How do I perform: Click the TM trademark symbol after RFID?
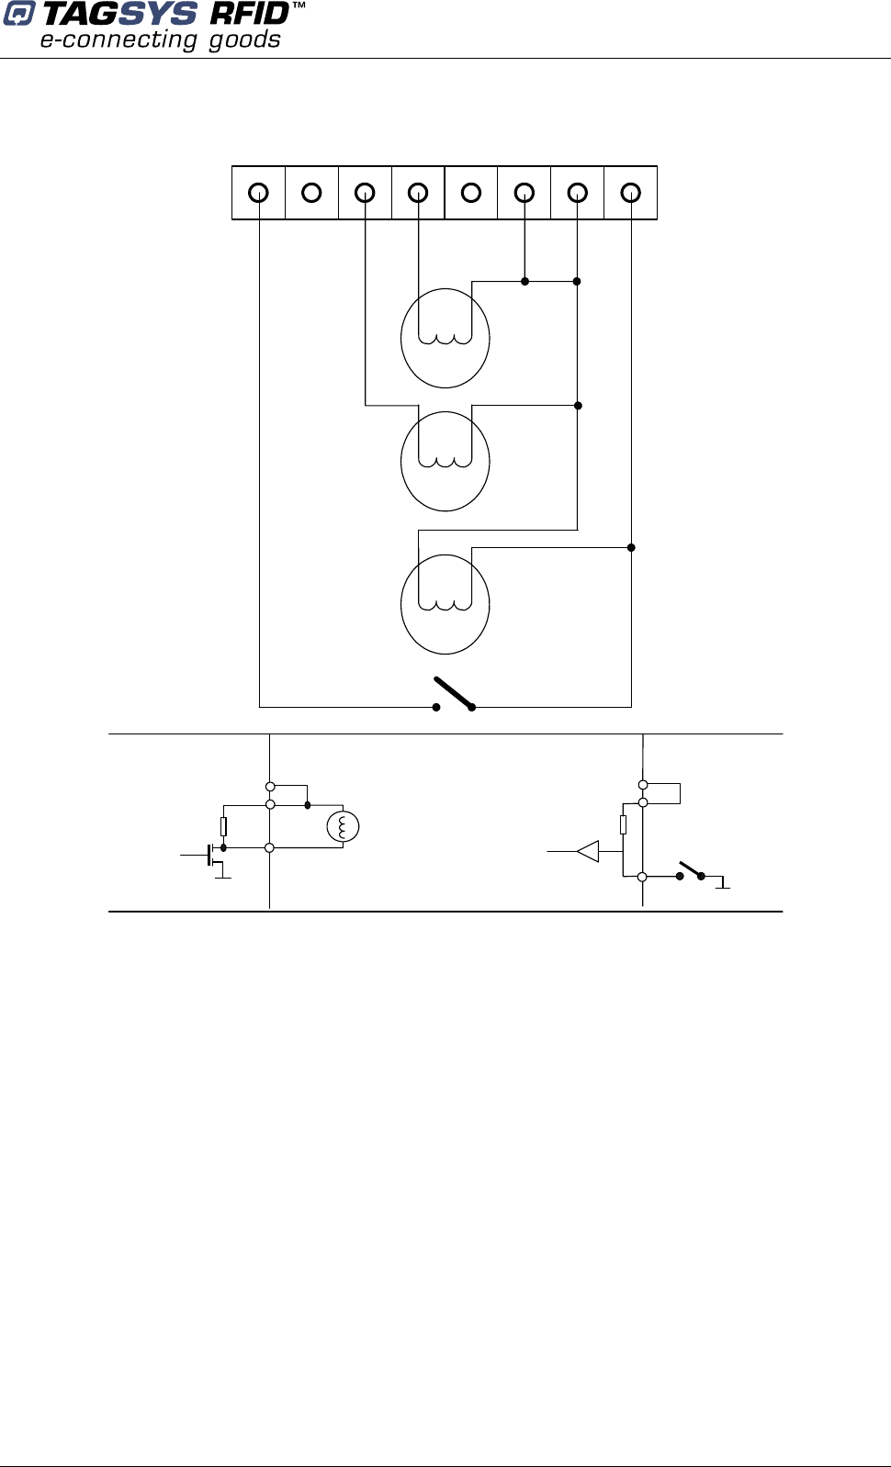[x=299, y=7]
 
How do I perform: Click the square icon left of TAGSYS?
[x=18, y=15]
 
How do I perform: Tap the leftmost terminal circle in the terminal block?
[x=259, y=193]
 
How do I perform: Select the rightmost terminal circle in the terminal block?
[x=630, y=193]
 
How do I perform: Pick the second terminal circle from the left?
[x=312, y=193]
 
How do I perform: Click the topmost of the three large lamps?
[x=445, y=338]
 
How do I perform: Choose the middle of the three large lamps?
[x=445, y=461]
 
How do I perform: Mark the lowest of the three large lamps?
[x=445, y=604]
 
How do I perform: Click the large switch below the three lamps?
[x=454, y=695]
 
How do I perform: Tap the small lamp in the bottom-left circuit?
[x=344, y=827]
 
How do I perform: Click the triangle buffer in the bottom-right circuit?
[x=588, y=852]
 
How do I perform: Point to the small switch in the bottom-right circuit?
[x=691, y=870]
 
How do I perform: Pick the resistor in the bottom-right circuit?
[x=623, y=825]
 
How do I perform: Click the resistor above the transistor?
[x=223, y=826]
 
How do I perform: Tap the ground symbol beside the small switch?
[x=723, y=883]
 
